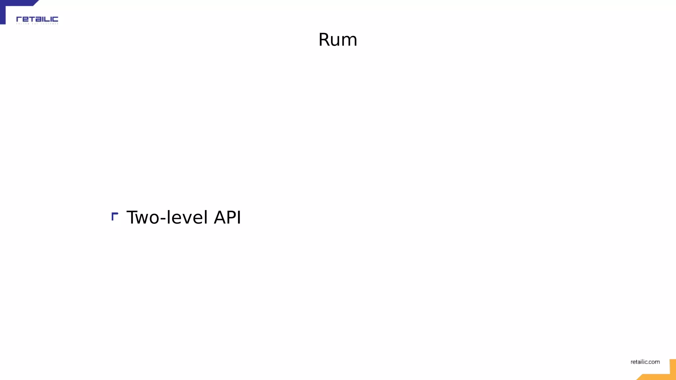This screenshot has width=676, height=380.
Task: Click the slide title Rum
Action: coord(338,40)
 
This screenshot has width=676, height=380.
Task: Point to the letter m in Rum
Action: coord(350,41)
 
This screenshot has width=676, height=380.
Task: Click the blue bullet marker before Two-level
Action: coord(115,216)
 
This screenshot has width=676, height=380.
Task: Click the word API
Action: coord(227,217)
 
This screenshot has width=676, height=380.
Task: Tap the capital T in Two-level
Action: coord(133,217)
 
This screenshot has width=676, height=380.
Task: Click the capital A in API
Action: coord(220,217)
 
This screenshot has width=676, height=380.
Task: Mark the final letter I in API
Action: coord(239,217)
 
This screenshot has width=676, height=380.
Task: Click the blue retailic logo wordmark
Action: coord(37,19)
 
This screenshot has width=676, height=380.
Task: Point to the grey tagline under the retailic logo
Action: coord(37,24)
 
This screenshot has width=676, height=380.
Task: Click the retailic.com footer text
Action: coord(645,362)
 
